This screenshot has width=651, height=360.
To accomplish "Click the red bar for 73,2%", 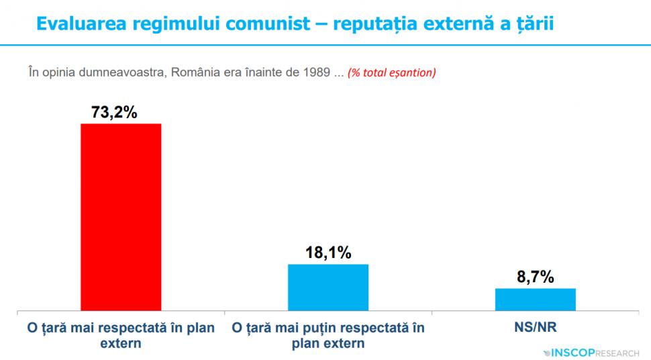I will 121,217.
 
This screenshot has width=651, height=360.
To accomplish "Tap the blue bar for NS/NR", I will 535,300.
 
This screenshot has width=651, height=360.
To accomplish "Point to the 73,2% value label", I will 115,112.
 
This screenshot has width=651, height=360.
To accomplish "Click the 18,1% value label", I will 328,253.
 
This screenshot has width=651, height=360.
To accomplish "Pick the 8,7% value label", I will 535,277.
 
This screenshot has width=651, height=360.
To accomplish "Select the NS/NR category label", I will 535,329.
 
